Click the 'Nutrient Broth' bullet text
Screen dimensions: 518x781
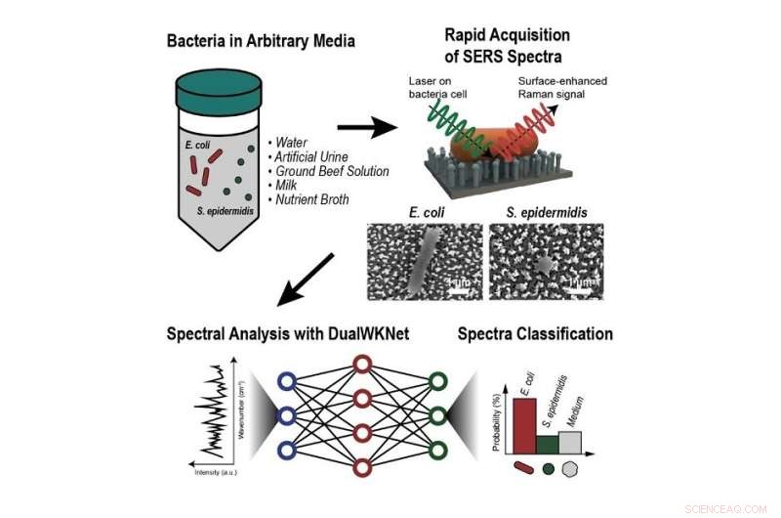click(x=311, y=198)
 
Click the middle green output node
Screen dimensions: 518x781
click(x=438, y=415)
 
